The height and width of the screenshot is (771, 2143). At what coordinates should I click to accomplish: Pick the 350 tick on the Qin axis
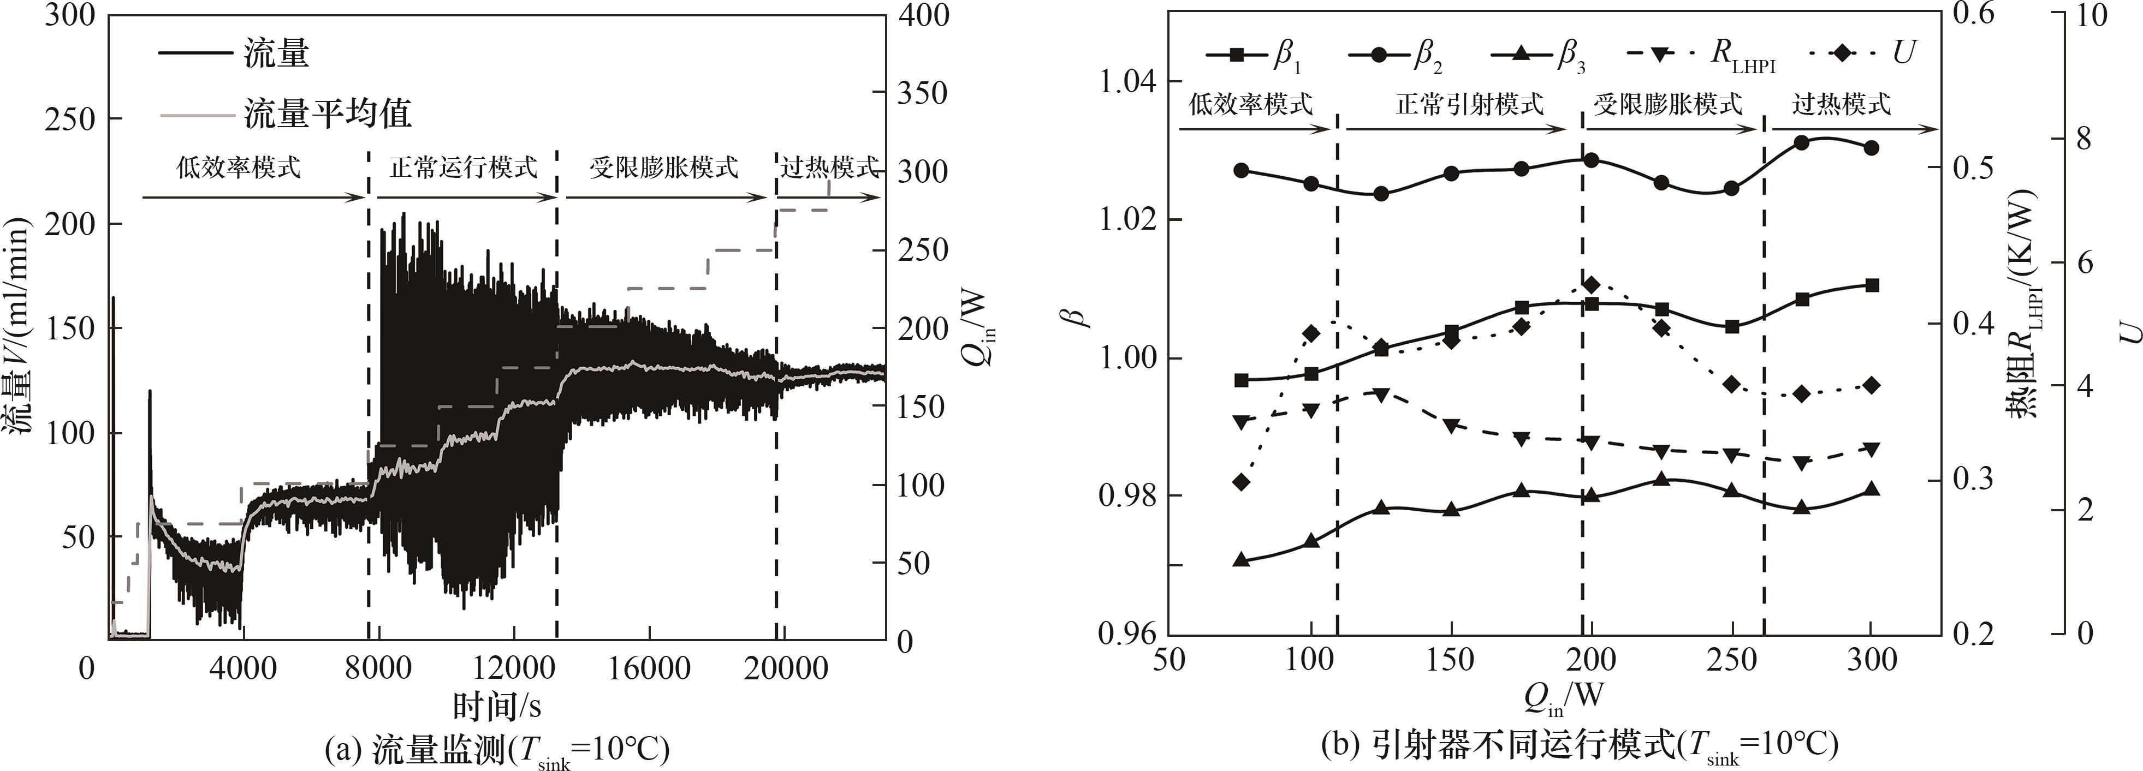(923, 94)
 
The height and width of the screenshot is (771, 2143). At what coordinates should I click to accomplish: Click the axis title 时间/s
(497, 706)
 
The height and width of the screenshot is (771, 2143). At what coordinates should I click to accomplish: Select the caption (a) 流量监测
(497, 749)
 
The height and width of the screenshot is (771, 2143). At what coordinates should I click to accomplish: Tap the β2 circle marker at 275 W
(1802, 143)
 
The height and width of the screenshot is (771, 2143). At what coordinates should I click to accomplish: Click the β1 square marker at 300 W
(1872, 285)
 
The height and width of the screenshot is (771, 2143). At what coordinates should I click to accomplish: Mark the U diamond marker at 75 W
(1241, 482)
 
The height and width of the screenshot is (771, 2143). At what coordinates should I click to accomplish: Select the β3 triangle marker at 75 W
(1241, 560)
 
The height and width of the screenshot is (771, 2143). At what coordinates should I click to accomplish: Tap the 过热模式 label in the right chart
(1841, 105)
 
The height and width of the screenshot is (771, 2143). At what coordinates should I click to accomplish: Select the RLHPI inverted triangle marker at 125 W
(1381, 395)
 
